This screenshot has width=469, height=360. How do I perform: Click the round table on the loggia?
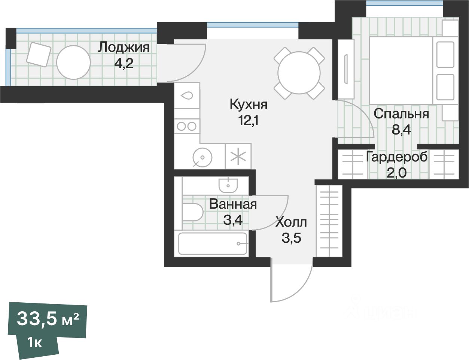click(x=73, y=63)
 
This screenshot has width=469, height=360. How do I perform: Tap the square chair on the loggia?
click(x=39, y=54)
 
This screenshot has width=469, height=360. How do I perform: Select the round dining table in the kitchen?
click(x=299, y=73)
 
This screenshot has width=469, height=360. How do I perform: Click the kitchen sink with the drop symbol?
click(x=187, y=96)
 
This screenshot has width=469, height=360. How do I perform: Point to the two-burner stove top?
click(x=187, y=126)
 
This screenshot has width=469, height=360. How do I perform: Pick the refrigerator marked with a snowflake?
click(x=238, y=156)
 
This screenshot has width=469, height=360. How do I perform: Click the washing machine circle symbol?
click(x=202, y=157)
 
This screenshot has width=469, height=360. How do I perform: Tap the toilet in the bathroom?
click(x=192, y=212)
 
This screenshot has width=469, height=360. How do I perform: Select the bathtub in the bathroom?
click(x=213, y=243)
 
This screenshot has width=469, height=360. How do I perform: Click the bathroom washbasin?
click(x=228, y=185)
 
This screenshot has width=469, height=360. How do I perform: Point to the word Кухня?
click(x=249, y=105)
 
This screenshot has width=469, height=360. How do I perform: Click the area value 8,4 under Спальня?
click(x=401, y=130)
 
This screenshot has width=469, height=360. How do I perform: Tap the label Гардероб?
click(x=397, y=157)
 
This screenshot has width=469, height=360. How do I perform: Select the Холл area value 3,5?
click(x=291, y=238)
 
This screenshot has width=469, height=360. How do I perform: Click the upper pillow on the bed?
click(x=445, y=54)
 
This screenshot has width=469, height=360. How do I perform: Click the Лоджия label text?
click(x=124, y=48)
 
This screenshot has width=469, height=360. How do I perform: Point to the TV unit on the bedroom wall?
click(x=346, y=69)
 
